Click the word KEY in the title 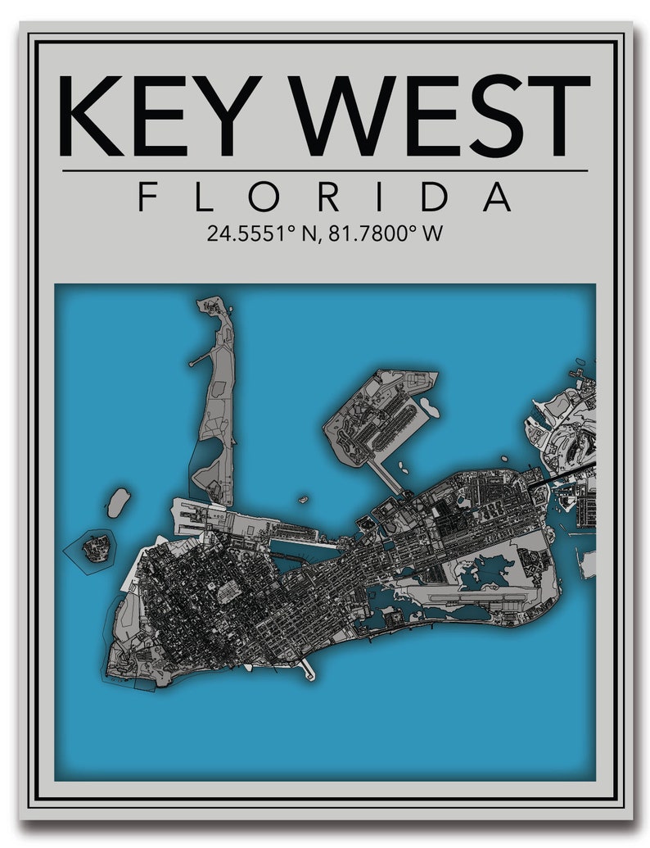point(152,116)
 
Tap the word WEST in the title point(442,116)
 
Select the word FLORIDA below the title point(325,197)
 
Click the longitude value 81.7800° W point(385,234)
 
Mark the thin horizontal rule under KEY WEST point(325,171)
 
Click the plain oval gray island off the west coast point(119,502)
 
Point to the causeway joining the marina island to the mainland point(384,476)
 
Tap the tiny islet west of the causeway point(303,499)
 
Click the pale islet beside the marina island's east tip point(428,406)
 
